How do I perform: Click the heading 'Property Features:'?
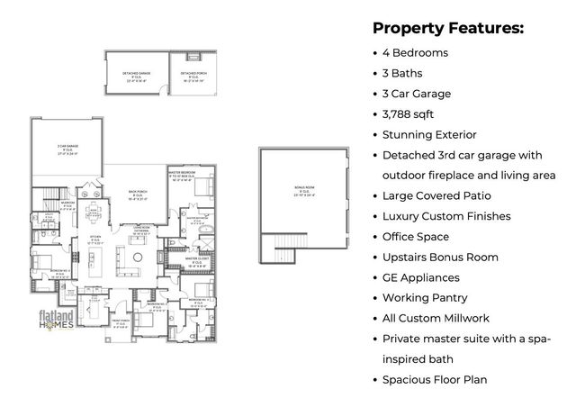[x=447, y=28]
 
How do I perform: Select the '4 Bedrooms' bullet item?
[x=415, y=53]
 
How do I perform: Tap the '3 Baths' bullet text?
[x=402, y=74]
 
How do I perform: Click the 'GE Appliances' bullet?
[x=420, y=277]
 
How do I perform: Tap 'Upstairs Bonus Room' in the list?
[x=440, y=258]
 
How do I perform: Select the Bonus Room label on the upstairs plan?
[x=304, y=191]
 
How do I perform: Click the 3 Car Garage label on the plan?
[x=68, y=149]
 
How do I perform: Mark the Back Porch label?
[x=137, y=195]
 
